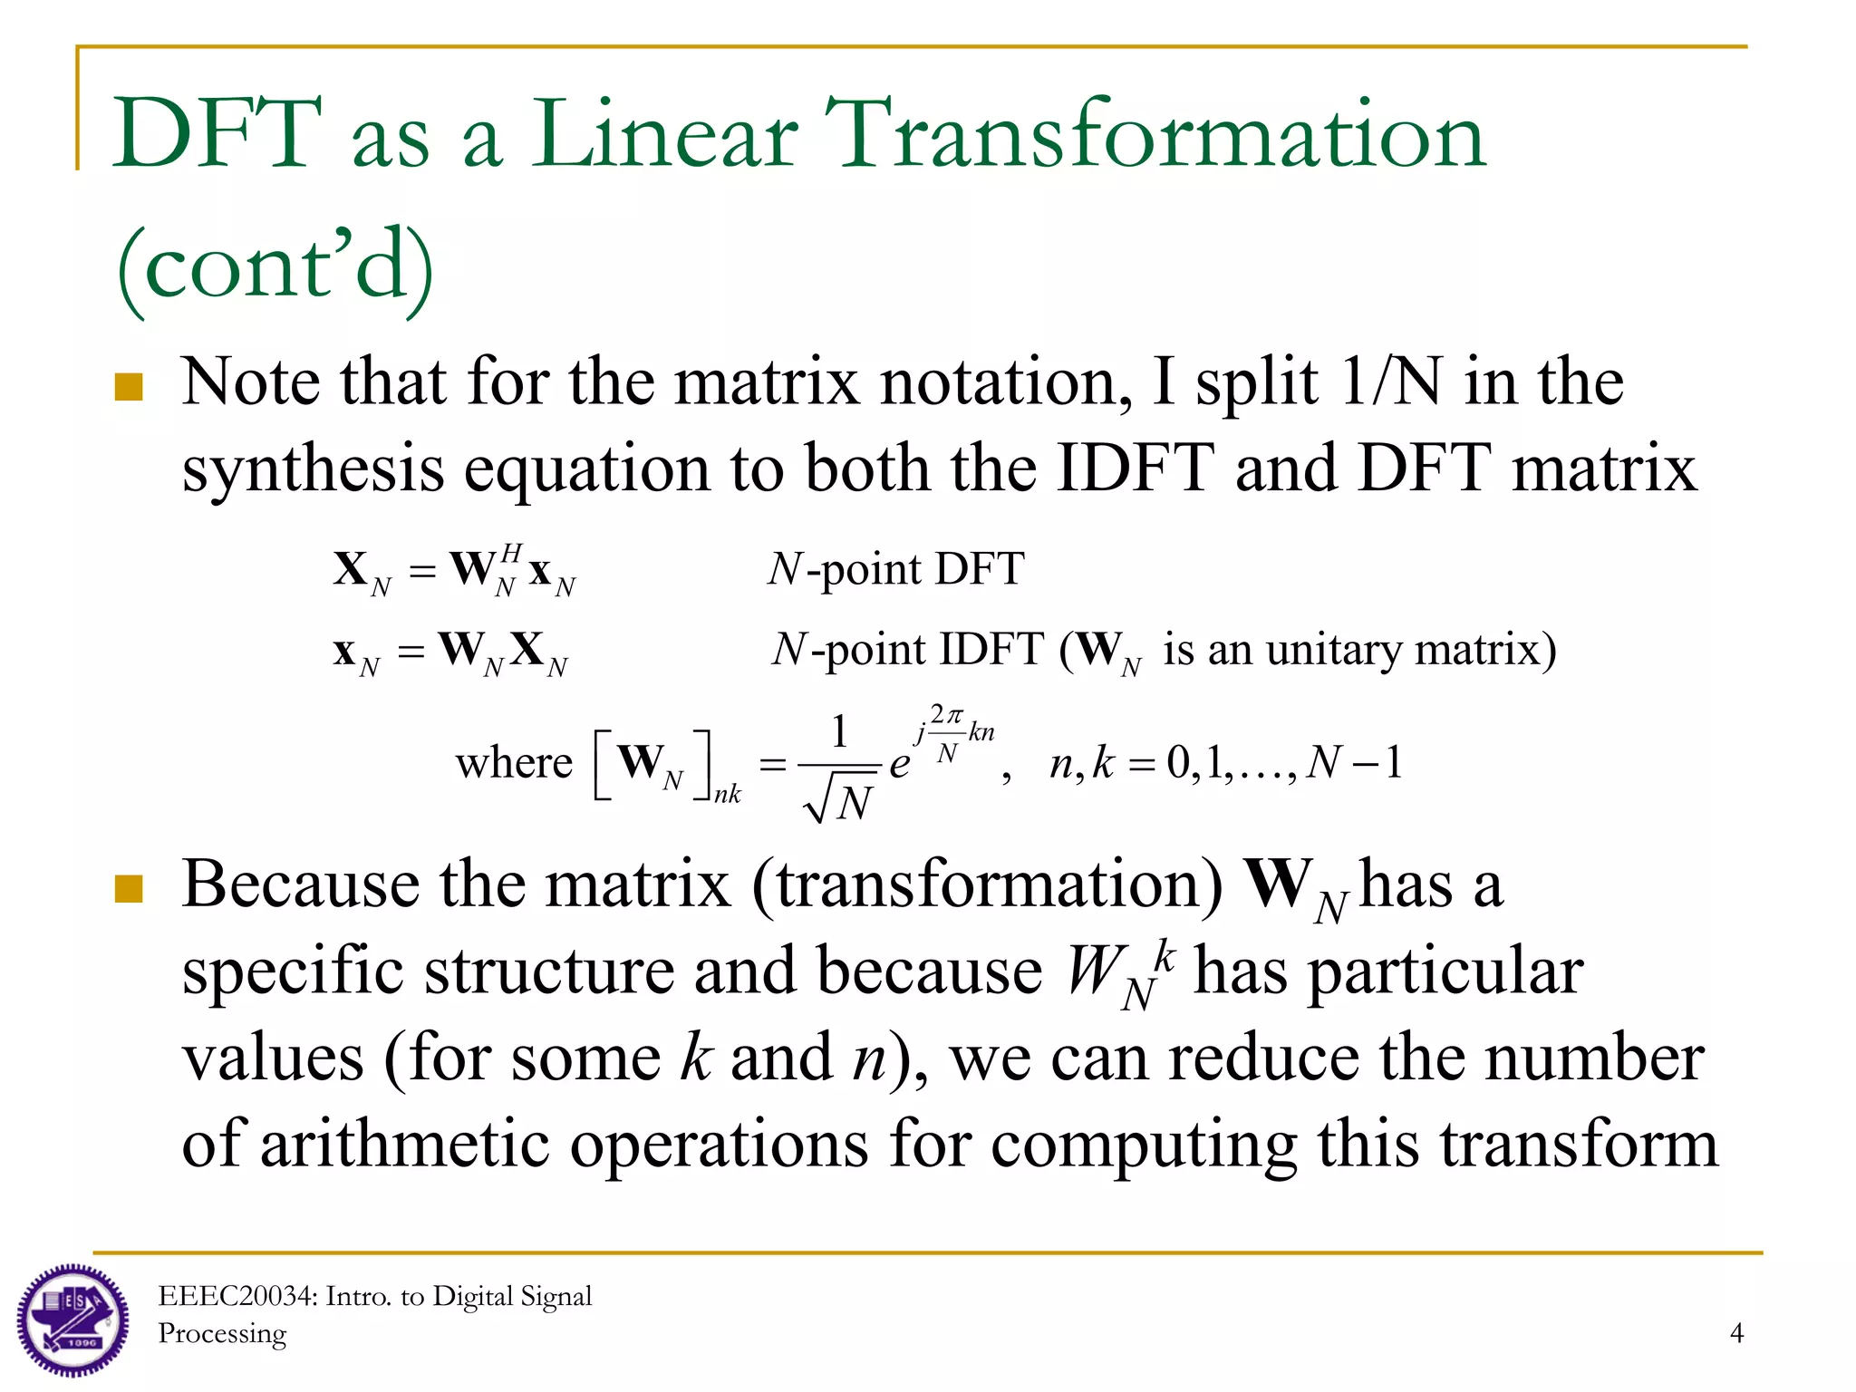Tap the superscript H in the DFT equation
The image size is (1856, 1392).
pos(511,552)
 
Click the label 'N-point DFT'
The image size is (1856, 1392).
pos(895,570)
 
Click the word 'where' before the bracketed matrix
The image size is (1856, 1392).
pos(514,763)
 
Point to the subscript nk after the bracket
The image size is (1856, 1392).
pos(727,795)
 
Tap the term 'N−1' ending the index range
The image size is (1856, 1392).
pos(1356,763)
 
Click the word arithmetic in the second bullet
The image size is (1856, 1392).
pos(405,1144)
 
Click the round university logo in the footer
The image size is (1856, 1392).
pos(72,1320)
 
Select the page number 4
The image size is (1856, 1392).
pos(1736,1333)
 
